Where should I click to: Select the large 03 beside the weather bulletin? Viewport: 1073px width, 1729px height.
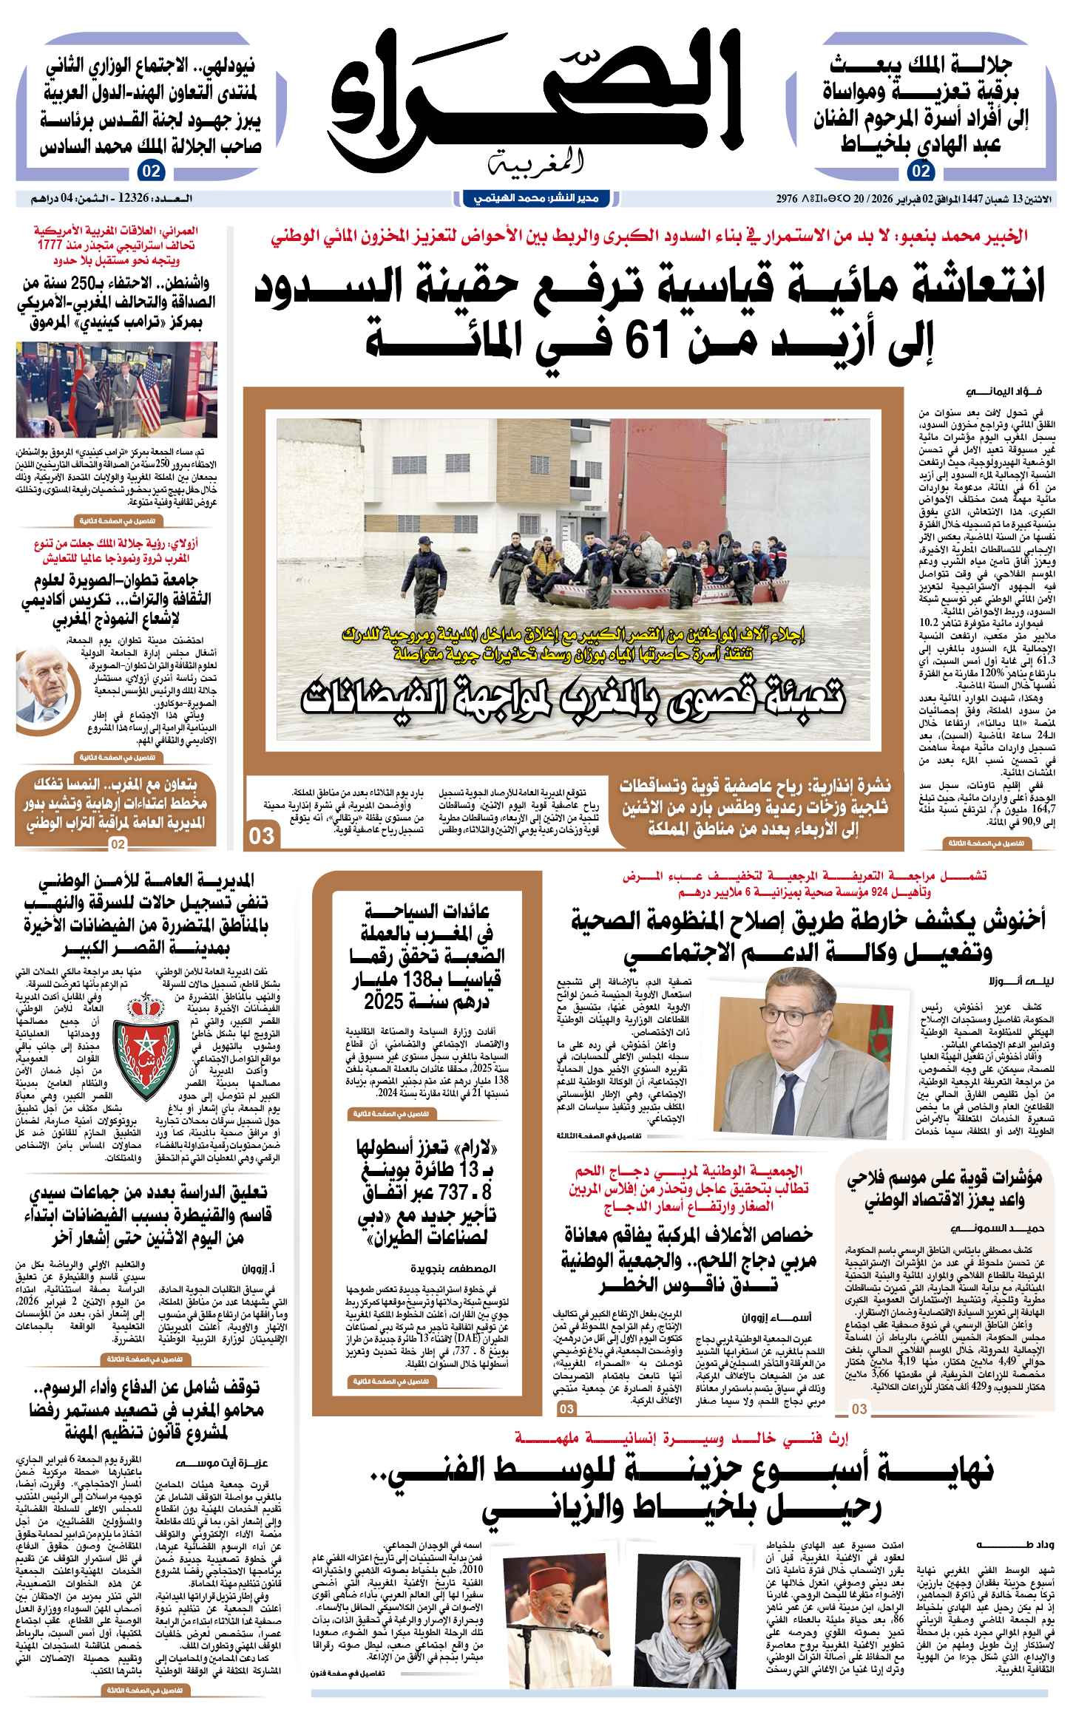(262, 836)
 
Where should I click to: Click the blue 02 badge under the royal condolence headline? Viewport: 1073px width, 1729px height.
(921, 171)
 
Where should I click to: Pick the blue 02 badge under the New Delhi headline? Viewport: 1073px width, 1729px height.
(151, 171)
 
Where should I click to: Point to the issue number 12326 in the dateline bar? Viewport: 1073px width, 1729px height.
(134, 199)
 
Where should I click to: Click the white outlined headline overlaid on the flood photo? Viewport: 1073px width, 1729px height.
(573, 698)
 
